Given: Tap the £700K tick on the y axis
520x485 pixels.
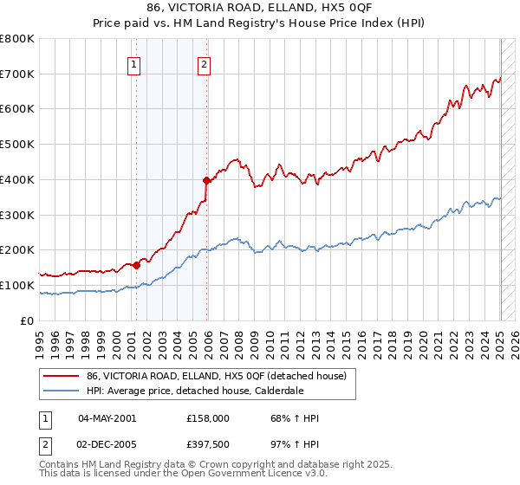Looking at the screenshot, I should [20, 74].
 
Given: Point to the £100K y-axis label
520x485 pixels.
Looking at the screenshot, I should [20, 285].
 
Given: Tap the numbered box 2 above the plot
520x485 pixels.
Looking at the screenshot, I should [204, 63].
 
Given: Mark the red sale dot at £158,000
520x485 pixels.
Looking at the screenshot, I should [136, 265].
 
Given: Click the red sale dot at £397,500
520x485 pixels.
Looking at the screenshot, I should [206, 180].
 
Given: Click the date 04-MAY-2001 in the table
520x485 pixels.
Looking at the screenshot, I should [107, 418].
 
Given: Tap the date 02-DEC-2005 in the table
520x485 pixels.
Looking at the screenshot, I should [107, 444].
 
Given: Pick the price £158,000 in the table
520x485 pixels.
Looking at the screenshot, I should [208, 418].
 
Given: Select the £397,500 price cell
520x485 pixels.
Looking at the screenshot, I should [208, 444].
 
